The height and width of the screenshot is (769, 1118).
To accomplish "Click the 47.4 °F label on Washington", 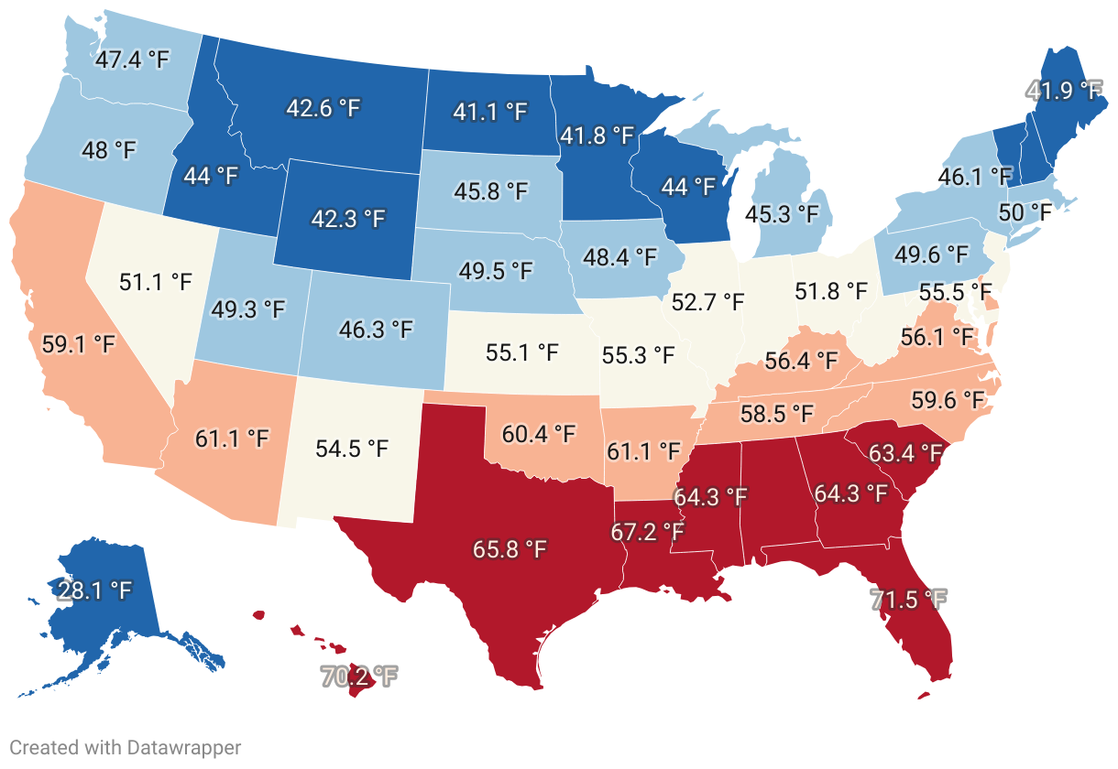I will point(133,60).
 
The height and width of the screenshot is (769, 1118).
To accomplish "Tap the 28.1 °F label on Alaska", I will point(95,590).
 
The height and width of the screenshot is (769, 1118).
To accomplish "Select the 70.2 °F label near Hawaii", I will point(359,677).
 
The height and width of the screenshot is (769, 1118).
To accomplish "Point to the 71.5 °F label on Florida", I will point(908,601).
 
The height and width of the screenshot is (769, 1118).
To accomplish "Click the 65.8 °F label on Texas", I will point(510,549).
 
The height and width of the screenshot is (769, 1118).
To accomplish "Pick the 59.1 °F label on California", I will point(79,345).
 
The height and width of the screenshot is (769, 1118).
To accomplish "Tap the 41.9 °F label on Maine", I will point(1063,91).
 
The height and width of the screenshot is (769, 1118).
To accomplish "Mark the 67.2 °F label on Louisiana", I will point(648,532).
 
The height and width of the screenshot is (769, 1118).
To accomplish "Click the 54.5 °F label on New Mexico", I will point(351,449).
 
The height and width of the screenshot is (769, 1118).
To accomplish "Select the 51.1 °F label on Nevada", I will point(156,281).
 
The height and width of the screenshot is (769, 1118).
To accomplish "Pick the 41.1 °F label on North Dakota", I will point(490,112).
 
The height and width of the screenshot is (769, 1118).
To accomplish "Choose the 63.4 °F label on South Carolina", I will point(905,453).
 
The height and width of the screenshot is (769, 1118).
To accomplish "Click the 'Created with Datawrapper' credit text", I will point(126,747).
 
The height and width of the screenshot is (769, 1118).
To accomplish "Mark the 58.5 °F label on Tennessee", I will point(777,413).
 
